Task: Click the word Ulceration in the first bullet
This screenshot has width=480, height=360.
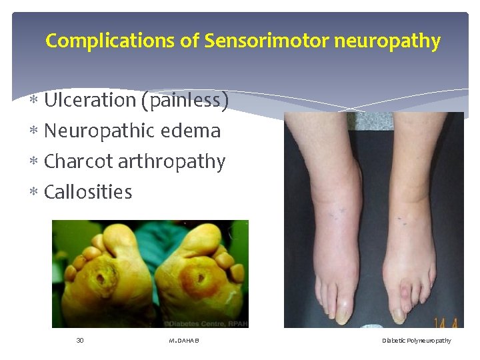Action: pyautogui.click(x=89, y=100)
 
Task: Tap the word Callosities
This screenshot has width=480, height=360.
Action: pyautogui.click(x=88, y=192)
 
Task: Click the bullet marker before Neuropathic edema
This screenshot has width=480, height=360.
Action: pyautogui.click(x=35, y=131)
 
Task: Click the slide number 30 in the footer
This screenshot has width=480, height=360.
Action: pyautogui.click(x=80, y=341)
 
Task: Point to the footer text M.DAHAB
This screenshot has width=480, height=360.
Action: pyautogui.click(x=184, y=341)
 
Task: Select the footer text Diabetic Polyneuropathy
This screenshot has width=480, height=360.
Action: pyautogui.click(x=416, y=341)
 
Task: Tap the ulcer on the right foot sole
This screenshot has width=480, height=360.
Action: pyautogui.click(x=198, y=275)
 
